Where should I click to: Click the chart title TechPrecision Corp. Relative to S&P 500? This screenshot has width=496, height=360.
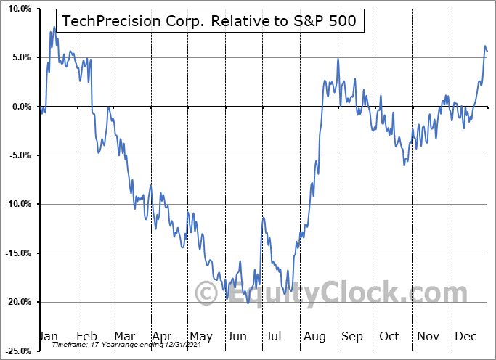click(210, 21)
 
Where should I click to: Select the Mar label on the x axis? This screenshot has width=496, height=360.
click(124, 336)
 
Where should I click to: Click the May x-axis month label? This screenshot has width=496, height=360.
click(200, 336)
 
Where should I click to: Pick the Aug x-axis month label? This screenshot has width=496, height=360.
click(314, 336)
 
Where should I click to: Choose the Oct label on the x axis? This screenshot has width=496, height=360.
click(389, 336)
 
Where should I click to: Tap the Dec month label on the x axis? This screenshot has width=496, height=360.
click(465, 336)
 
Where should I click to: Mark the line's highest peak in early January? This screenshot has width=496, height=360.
click(54, 27)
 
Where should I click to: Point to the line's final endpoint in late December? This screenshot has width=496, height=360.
click(487, 51)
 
